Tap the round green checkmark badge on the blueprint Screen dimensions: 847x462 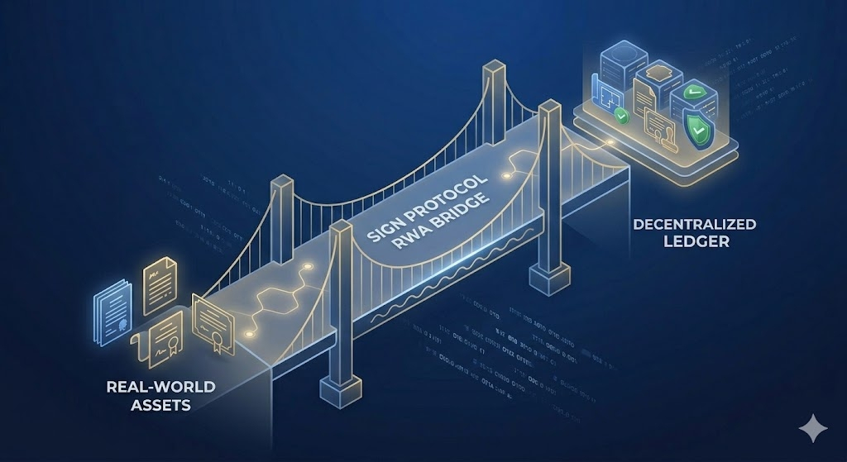pos(622,119)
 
